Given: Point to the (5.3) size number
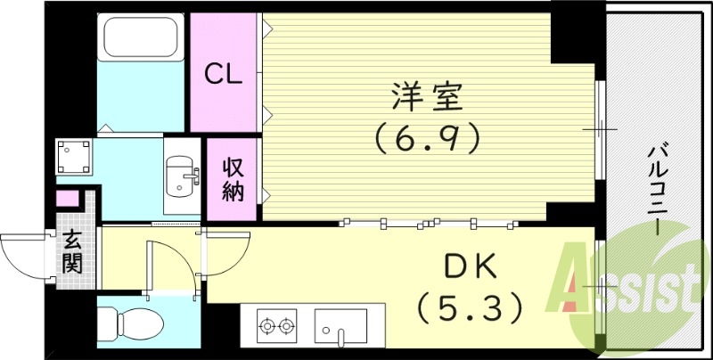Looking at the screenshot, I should coord(467,307).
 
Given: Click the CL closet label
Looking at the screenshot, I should coord(225,75).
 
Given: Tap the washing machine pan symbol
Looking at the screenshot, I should coord(75,158).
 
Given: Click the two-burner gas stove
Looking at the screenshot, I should coord(277,326).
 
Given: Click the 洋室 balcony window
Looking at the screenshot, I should coord(601,128).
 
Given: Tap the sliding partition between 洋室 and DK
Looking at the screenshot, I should coord(428,222).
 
